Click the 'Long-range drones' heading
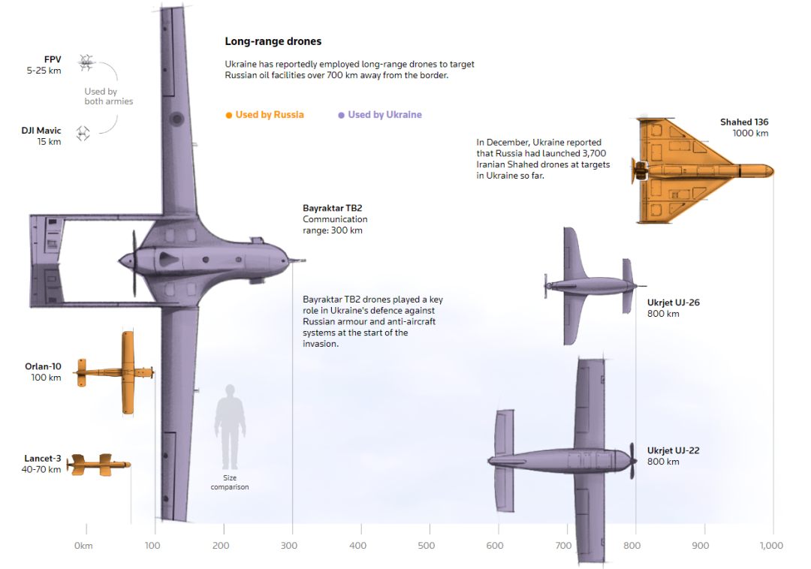pos(273,42)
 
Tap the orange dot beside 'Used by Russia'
pos(229,115)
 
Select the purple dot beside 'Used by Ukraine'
pos(342,115)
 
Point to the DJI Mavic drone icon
pos(83,134)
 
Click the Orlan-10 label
pos(43,366)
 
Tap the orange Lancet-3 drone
pos(99,465)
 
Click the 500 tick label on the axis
pos(427,546)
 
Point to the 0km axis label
pos(83,546)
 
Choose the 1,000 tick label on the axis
pos(771,546)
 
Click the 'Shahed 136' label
pos(744,122)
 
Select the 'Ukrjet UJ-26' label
pos(674,303)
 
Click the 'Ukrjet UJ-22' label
pos(674,450)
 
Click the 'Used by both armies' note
pos(108,96)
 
